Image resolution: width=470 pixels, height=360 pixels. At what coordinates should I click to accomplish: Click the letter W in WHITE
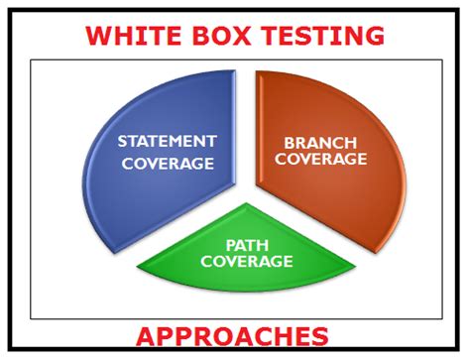pyautogui.click(x=99, y=36)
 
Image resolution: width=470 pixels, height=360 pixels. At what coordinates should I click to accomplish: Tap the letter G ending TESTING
pyautogui.click(x=374, y=36)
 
